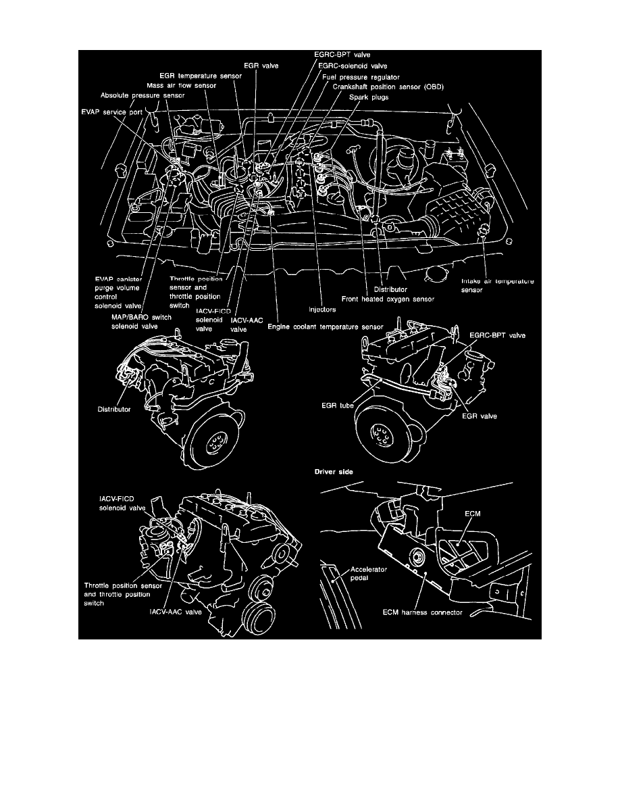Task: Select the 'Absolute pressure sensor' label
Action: point(142,96)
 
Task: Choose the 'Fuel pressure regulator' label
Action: point(361,77)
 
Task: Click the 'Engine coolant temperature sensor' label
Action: point(326,326)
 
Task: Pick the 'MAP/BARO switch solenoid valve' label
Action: point(142,320)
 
